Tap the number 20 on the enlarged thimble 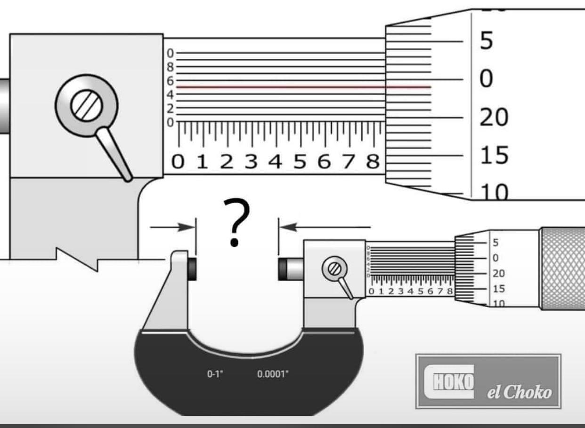[x=494, y=118]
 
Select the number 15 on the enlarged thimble [x=494, y=155]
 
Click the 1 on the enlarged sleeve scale [x=202, y=162]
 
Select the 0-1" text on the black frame [x=215, y=374]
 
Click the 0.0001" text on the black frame [x=273, y=374]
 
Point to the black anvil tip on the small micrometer [x=192, y=268]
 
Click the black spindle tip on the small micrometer [x=283, y=268]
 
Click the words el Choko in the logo [x=519, y=392]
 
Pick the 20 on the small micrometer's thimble [x=498, y=273]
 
